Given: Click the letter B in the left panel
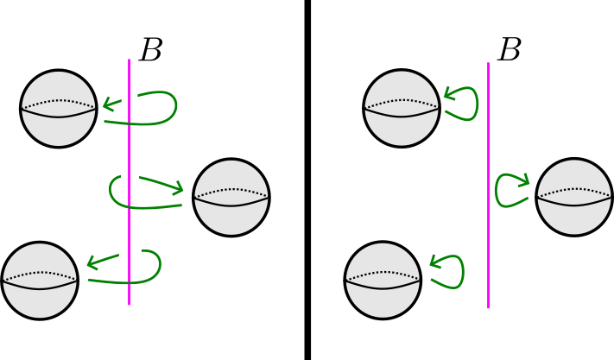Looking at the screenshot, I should (x=150, y=51).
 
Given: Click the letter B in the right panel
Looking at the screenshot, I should (x=510, y=51).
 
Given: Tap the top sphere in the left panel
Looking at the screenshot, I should (x=59, y=109).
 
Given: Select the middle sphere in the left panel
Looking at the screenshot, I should (x=231, y=197).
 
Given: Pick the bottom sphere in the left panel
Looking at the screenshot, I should (x=41, y=280).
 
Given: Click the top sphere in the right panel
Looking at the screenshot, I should (x=402, y=109).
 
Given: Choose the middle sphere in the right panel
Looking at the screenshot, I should (x=574, y=197).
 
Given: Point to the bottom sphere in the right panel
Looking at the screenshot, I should (x=383, y=280).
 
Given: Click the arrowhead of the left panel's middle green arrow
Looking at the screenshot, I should (x=180, y=188).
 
